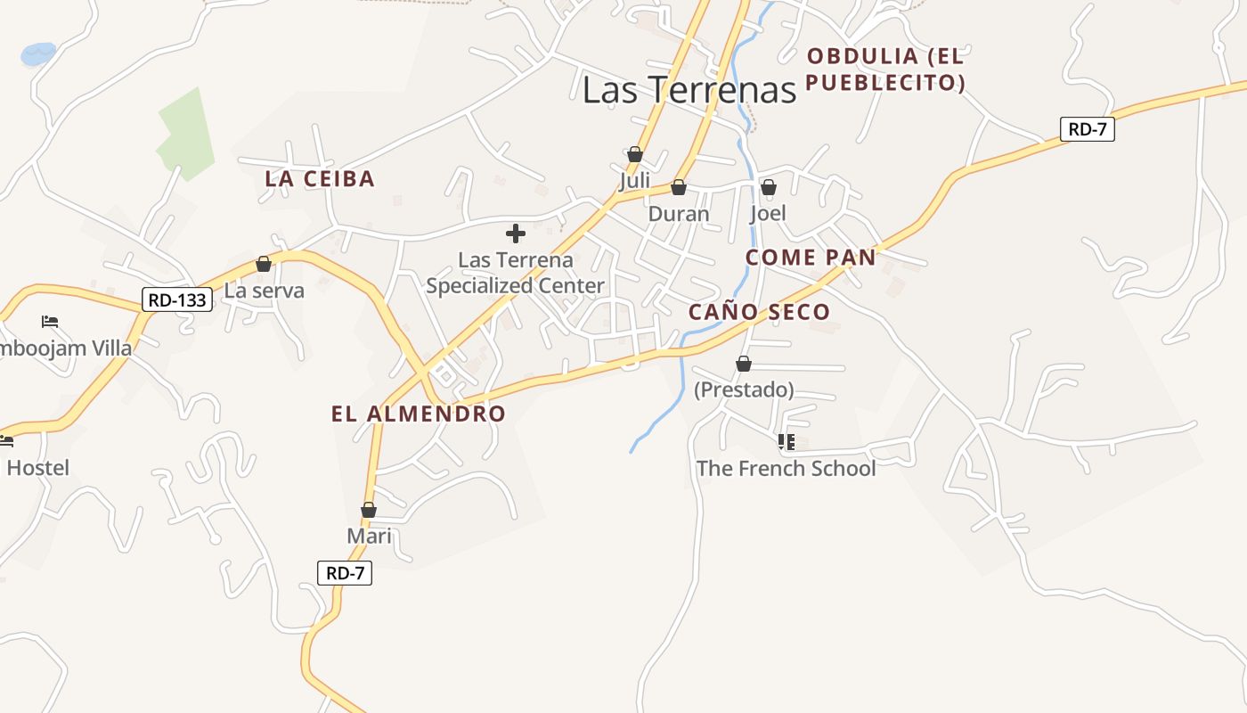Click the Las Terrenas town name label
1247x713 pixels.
pos(689,90)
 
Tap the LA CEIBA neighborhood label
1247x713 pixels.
pos(320,178)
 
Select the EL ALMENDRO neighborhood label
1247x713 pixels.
pos(418,414)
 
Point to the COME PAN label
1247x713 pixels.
pos(811,258)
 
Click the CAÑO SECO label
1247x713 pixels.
pos(759,312)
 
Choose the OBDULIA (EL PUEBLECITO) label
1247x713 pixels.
pos(885,70)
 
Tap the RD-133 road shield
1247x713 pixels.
pos(177,299)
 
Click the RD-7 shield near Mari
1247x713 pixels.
pos(345,573)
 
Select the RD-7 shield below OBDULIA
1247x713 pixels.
pos(1088,128)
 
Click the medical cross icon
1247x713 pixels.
pos(515,234)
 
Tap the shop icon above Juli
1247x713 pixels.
pos(634,154)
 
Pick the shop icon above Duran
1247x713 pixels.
pos(678,187)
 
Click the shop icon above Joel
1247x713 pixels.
pos(768,187)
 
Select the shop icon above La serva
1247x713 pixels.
pos(263,264)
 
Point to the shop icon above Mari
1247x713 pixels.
pos(368,510)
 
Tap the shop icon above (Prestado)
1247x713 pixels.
pos(743,364)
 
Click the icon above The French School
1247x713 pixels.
pos(786,441)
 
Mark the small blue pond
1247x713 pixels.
pos(38,53)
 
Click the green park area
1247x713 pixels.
pos(188,134)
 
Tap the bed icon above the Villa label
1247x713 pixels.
pos(50,321)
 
